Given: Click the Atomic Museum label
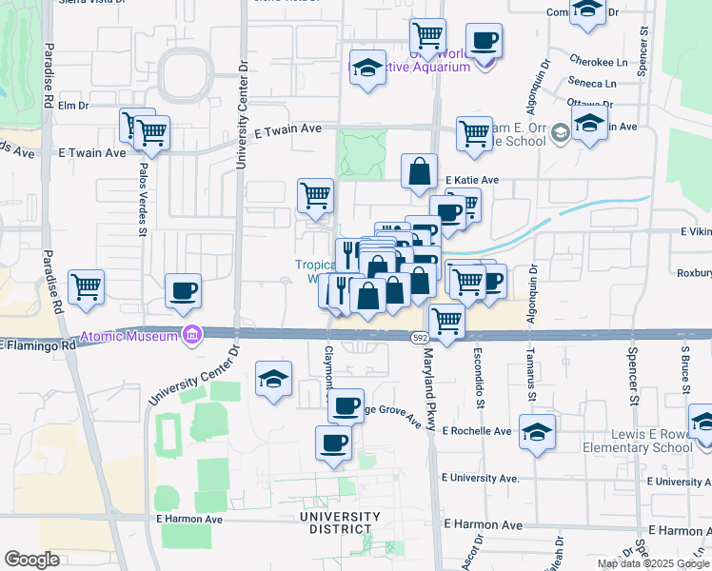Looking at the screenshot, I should (x=129, y=336).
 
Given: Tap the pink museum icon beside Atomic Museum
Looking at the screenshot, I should (x=191, y=335).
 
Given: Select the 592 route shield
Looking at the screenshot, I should (x=420, y=338).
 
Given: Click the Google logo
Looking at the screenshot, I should (x=31, y=560).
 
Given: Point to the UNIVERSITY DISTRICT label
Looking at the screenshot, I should (x=339, y=522).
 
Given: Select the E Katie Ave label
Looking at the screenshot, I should (x=469, y=180).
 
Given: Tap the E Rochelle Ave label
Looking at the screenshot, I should (x=477, y=431).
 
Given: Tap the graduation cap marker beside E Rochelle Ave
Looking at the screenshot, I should (x=537, y=431).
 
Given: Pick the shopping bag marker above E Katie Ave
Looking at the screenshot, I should (x=419, y=172).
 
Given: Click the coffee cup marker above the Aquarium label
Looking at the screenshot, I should (x=484, y=41).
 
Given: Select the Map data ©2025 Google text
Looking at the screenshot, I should (x=652, y=563).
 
